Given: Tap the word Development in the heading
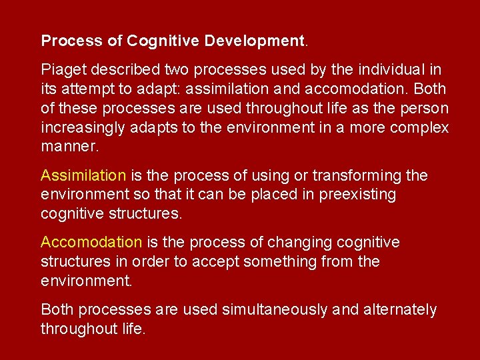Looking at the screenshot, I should click(x=255, y=41).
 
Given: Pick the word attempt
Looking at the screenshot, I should click(x=91, y=89).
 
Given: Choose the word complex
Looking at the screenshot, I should click(x=419, y=127).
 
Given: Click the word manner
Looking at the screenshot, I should click(x=69, y=146).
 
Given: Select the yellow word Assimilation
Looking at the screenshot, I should click(x=83, y=175).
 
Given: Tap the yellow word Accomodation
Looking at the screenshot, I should click(x=91, y=242).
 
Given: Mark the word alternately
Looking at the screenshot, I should click(x=399, y=309).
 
